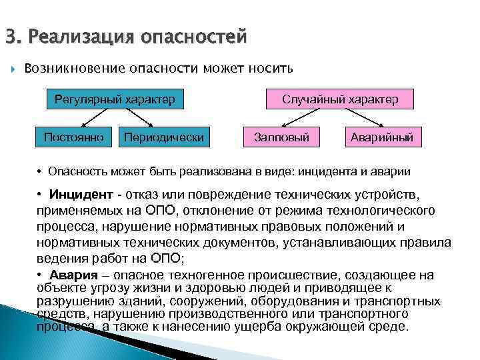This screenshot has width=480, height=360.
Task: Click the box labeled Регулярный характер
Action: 115,100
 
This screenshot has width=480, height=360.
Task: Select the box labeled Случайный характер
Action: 340,100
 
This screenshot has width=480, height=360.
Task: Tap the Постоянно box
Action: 74,138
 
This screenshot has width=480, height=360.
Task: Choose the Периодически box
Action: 163,138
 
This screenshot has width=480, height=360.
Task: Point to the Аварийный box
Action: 382,138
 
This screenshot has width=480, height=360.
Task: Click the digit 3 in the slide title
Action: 9,35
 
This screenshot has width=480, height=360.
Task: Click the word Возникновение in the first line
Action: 70,69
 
